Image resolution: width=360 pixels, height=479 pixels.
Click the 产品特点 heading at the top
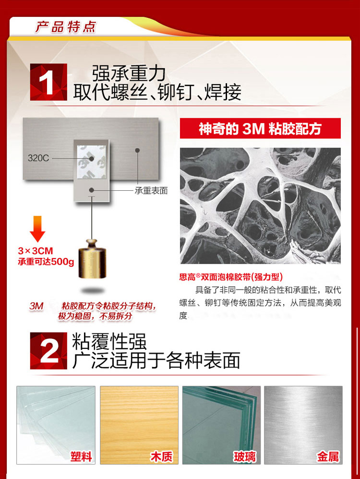(x=66, y=27)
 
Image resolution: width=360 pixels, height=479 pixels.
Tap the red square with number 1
(x=48, y=82)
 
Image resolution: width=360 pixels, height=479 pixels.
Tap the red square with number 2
(x=48, y=351)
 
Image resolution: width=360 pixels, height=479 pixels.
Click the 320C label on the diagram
(x=38, y=158)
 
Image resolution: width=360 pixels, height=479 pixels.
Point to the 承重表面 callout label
(x=151, y=191)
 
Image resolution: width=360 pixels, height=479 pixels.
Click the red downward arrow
(x=37, y=229)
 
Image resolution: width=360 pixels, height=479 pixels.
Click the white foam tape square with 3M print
(x=92, y=162)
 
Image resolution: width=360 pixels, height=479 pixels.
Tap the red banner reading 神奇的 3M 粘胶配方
(x=260, y=128)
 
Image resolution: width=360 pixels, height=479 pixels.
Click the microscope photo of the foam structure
(x=260, y=206)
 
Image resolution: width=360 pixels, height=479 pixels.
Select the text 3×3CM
(x=36, y=251)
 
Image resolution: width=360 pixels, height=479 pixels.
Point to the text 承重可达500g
(x=46, y=262)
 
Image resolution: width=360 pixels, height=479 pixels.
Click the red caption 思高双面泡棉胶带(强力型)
(x=231, y=277)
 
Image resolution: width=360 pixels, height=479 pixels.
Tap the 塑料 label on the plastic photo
(x=81, y=456)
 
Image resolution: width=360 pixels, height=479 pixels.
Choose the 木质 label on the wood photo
(x=161, y=456)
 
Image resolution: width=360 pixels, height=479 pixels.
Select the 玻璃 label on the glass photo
(x=245, y=456)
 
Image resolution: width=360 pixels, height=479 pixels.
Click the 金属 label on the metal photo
(x=328, y=456)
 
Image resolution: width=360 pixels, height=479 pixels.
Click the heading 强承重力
(x=129, y=74)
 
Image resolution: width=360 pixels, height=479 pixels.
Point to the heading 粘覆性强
(x=109, y=342)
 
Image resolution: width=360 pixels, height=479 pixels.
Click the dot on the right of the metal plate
(x=137, y=150)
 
